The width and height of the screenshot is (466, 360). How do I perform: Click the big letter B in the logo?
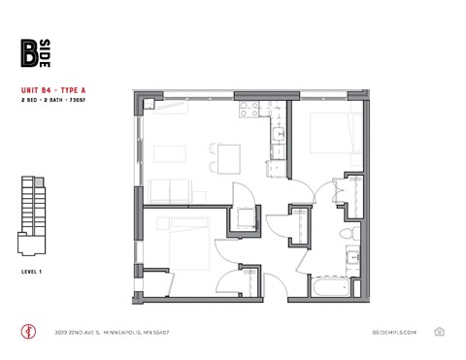[x=30, y=52]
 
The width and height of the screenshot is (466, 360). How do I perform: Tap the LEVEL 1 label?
[x=30, y=270]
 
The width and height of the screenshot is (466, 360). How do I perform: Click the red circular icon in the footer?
[x=27, y=331]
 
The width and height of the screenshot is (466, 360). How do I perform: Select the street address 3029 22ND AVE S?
[x=83, y=332]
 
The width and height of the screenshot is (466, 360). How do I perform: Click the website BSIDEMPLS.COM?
[x=393, y=332]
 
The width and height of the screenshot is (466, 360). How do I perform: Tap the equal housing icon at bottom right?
[x=440, y=331]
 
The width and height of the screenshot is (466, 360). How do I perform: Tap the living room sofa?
[x=171, y=190]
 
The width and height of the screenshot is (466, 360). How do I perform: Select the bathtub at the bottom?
[x=336, y=289]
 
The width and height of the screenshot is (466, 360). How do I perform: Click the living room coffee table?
[x=171, y=152]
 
